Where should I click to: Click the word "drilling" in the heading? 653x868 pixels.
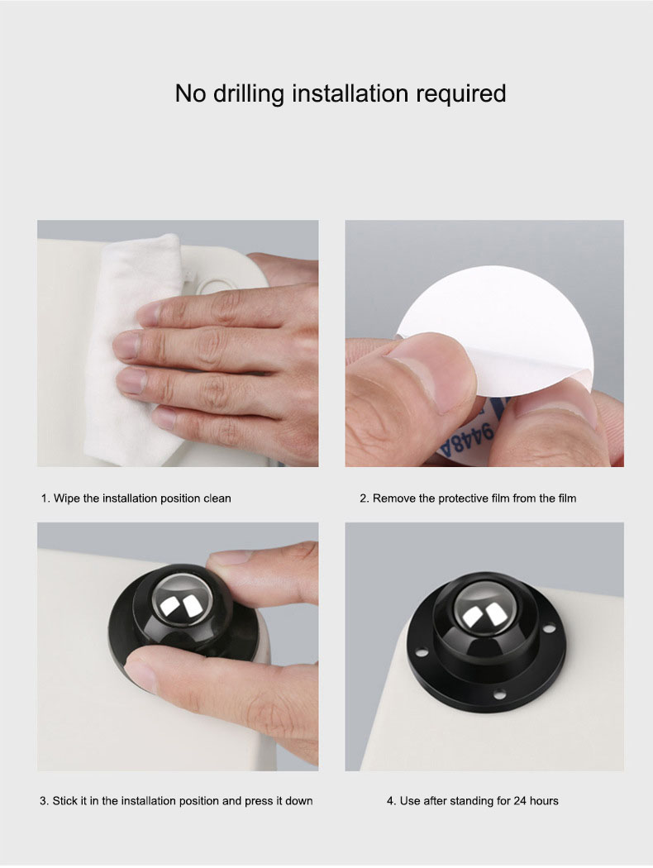248,94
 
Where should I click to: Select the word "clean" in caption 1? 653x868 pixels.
217,498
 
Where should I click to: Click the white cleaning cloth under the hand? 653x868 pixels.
127,355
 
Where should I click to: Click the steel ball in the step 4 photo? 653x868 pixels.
481,609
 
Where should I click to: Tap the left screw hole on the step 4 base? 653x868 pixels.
421,652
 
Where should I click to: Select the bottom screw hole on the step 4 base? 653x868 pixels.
500,693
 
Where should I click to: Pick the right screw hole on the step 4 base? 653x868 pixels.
548,628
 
